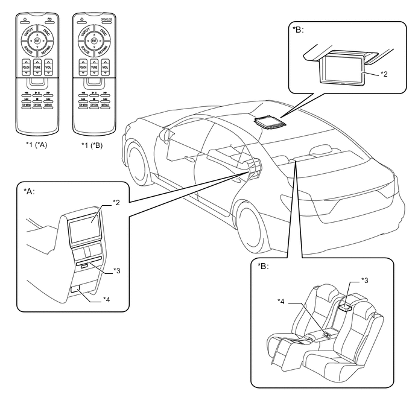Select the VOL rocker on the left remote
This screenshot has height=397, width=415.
(x=49, y=68)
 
